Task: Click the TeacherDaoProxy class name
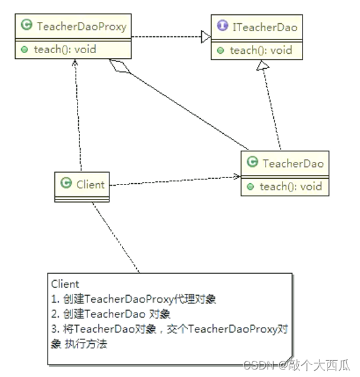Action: tap(81, 26)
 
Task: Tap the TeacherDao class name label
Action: tap(293, 164)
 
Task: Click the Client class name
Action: tap(89, 184)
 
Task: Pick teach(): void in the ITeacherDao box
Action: tap(261, 50)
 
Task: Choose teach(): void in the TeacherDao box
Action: tap(291, 186)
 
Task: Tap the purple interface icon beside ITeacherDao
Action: tap(221, 28)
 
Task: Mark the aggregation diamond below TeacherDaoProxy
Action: tap(119, 66)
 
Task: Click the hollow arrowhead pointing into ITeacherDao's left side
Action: tap(205, 38)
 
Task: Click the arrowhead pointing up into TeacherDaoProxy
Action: tap(75, 62)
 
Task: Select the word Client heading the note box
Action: tap(65, 284)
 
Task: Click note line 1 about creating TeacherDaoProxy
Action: tap(134, 299)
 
